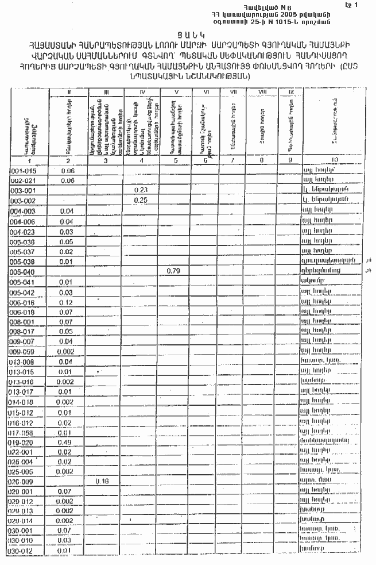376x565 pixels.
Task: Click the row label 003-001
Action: (x=22, y=190)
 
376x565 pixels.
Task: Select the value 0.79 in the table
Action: (x=173, y=271)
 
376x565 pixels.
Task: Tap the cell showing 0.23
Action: (x=140, y=190)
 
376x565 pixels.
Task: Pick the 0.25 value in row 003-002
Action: (x=140, y=199)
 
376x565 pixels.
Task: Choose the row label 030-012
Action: (x=22, y=551)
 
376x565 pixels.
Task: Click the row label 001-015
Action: (x=22, y=171)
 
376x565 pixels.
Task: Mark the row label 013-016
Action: (x=22, y=382)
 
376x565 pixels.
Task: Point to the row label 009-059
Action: (x=22, y=351)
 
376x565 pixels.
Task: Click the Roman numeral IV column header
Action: (x=140, y=92)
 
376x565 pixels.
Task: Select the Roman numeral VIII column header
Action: (x=262, y=92)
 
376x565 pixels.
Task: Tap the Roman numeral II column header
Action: (x=68, y=92)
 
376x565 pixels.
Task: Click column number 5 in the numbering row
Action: (x=175, y=160)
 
